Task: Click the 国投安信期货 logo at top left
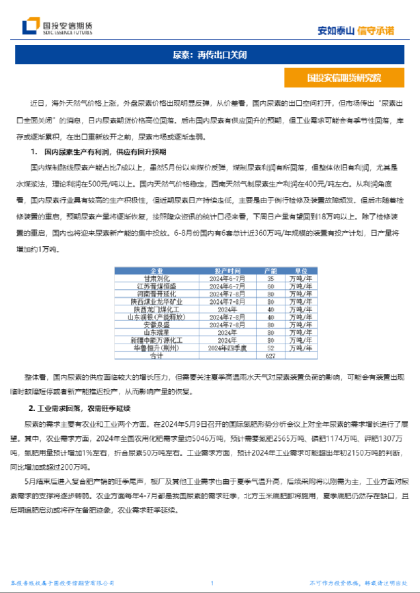(57, 27)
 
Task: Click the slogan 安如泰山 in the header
(337, 30)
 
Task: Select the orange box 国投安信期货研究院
(344, 78)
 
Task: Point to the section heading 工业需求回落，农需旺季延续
(89, 408)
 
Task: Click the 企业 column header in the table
(156, 271)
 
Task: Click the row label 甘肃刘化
(156, 279)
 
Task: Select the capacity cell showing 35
(270, 279)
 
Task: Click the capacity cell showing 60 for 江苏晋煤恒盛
(270, 286)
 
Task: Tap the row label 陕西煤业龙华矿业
(156, 301)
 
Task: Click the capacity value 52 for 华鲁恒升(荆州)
(270, 348)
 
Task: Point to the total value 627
(270, 355)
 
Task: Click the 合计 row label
(156, 355)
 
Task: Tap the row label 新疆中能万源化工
(156, 339)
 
